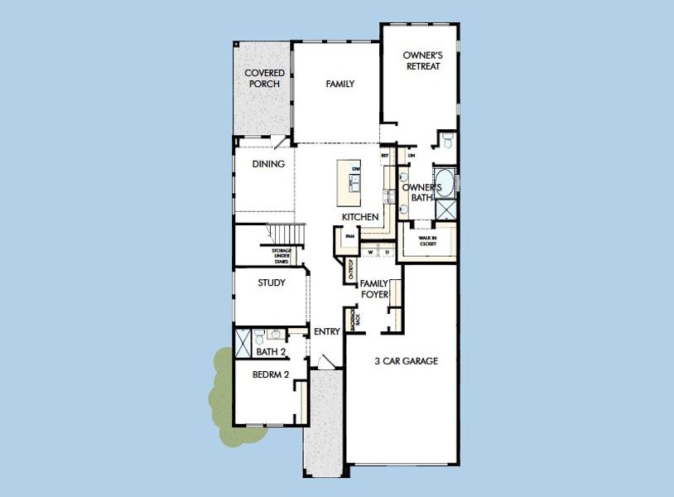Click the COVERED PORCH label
(x=264, y=79)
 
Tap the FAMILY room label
(x=339, y=84)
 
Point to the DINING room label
(x=268, y=164)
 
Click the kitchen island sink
(x=355, y=186)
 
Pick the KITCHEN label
(x=360, y=217)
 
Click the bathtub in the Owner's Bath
(x=445, y=181)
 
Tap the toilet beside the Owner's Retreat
(x=448, y=142)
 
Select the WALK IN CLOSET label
(x=427, y=241)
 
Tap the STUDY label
(x=272, y=282)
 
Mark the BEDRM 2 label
(x=270, y=374)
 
